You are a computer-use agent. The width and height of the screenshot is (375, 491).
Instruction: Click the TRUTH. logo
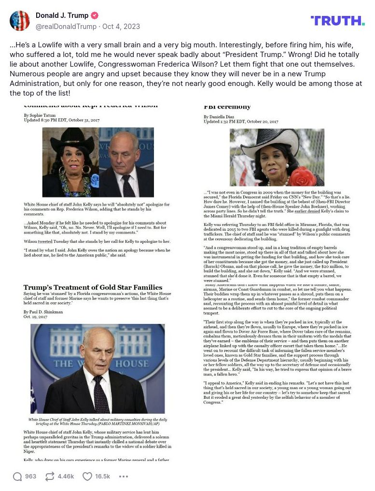click(x=337, y=20)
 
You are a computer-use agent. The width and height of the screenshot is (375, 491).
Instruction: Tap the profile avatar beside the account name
click(x=20, y=20)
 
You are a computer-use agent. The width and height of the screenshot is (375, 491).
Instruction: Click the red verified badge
click(x=95, y=15)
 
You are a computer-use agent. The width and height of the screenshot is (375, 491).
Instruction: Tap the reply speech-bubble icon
click(x=17, y=477)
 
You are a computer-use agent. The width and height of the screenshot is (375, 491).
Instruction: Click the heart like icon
click(x=87, y=477)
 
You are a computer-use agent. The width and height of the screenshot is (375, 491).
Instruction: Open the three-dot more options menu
click(x=124, y=477)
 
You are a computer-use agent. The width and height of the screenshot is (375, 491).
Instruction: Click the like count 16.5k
click(x=102, y=477)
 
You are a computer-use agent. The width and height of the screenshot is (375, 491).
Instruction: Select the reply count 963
click(x=30, y=477)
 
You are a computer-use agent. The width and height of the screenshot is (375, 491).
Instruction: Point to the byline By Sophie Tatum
click(x=39, y=115)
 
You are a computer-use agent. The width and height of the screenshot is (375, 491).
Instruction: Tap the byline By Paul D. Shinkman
click(x=43, y=312)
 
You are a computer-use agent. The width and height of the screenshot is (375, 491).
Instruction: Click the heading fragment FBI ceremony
click(x=227, y=107)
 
